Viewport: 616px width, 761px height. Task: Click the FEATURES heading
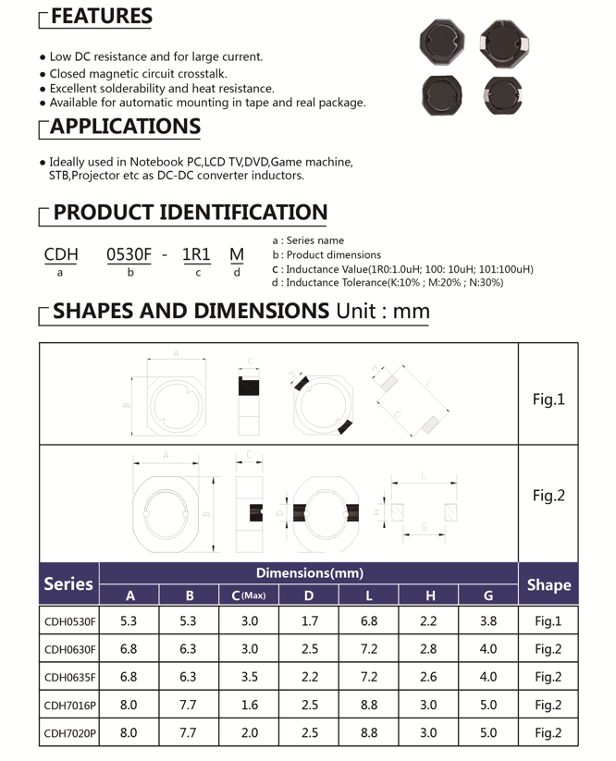[101, 17]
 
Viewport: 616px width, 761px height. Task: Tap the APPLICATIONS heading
[125, 127]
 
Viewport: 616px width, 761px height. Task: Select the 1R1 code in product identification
[196, 254]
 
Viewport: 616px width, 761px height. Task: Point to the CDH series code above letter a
[61, 254]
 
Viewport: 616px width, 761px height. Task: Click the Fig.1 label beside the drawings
[548, 399]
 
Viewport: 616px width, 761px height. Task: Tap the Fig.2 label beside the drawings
[548, 496]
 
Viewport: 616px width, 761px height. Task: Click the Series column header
[68, 583]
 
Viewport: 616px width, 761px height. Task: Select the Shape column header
[548, 584]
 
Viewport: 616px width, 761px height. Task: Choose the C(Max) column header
[249, 595]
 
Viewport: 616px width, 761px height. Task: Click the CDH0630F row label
[69, 649]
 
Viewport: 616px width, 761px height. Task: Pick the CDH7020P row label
[69, 734]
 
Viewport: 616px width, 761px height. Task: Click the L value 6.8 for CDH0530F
[368, 621]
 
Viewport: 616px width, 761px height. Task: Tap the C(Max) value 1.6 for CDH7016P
[249, 706]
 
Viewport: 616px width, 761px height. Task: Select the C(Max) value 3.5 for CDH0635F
[249, 677]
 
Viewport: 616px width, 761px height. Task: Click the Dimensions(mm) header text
[309, 573]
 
